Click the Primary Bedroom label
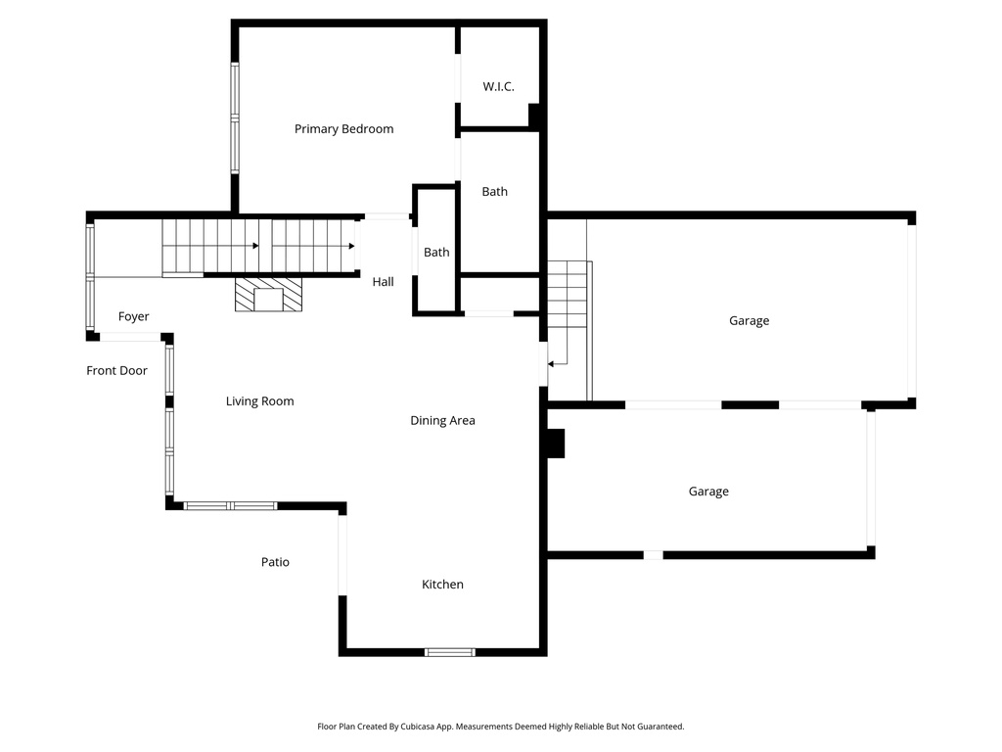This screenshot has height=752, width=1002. click(343, 129)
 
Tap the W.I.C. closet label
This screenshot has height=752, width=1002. click(498, 86)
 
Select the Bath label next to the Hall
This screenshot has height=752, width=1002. click(436, 253)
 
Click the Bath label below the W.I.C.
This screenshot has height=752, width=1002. click(494, 192)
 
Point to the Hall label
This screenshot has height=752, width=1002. click(383, 282)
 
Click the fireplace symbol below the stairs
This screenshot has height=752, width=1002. click(268, 296)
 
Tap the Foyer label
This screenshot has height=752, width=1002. click(133, 316)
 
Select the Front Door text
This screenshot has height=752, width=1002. click(116, 371)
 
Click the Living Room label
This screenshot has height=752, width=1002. click(259, 401)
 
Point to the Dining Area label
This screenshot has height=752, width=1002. click(442, 421)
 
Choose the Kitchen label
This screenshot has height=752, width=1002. click(442, 585)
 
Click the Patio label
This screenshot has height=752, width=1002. click(275, 562)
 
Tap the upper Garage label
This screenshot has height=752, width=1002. click(749, 321)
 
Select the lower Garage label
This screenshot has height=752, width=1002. click(708, 492)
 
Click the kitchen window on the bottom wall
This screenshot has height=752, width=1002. click(450, 651)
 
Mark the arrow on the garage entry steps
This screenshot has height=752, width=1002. click(554, 363)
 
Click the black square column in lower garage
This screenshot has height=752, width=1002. click(555, 444)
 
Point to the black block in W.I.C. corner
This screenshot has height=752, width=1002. click(535, 116)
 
